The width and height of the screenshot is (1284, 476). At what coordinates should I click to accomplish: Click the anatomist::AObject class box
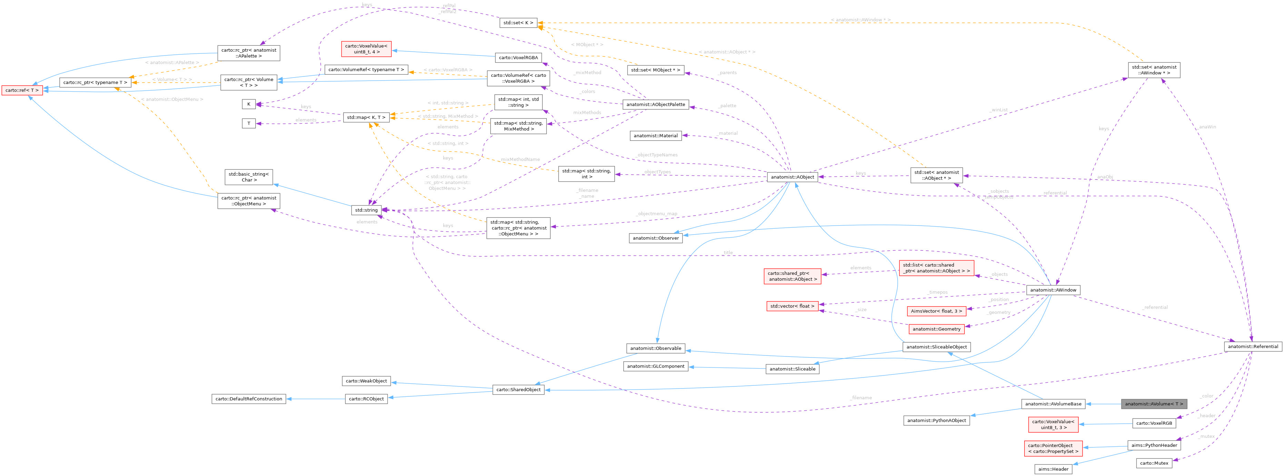(x=792, y=177)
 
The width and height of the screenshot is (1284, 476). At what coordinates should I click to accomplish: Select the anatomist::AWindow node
(x=1053, y=290)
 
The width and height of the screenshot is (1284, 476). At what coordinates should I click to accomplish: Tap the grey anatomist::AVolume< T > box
(x=1153, y=404)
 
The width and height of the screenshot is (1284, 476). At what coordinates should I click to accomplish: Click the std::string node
(x=366, y=210)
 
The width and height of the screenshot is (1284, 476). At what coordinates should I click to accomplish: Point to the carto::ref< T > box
(x=22, y=90)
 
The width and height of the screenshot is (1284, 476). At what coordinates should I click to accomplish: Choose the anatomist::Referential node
(x=1253, y=346)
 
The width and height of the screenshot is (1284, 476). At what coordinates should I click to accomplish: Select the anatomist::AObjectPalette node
(x=655, y=105)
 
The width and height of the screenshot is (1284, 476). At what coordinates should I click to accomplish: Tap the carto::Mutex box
(x=1154, y=463)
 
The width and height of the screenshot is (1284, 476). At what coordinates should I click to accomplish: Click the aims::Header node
(x=1053, y=469)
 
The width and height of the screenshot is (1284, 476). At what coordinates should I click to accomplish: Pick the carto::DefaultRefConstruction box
(x=249, y=399)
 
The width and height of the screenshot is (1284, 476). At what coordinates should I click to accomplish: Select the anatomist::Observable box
(x=655, y=348)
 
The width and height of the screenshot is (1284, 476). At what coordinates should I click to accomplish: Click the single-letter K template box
(x=249, y=104)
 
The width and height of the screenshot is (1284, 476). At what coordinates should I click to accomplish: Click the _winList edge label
(x=999, y=110)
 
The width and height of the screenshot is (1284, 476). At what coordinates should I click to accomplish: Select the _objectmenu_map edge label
(x=657, y=214)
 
